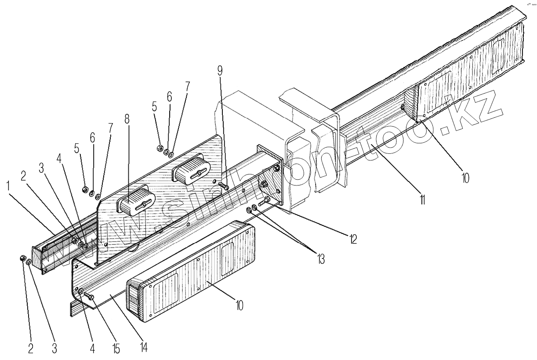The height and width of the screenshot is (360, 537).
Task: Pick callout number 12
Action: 352,239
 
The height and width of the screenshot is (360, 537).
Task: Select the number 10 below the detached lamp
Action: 239,305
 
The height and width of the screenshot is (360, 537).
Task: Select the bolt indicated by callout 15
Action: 88,298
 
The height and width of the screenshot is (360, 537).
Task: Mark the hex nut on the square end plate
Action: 265,185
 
